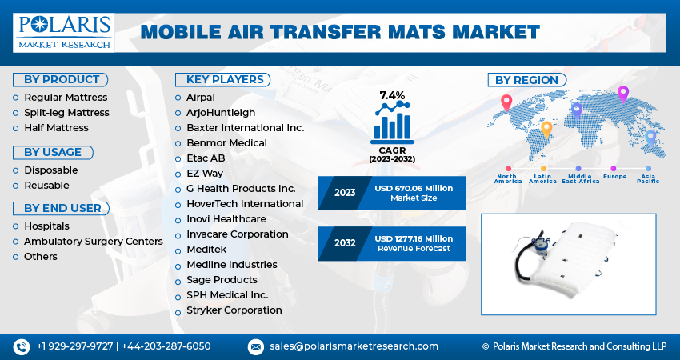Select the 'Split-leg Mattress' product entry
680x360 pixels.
(x=55, y=113)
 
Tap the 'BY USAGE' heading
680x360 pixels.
(x=53, y=152)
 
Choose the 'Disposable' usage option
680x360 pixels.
(x=50, y=170)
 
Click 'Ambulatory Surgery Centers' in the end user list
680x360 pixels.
(x=93, y=242)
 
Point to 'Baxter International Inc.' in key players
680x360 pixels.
(x=245, y=128)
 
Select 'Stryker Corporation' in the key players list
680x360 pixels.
(x=234, y=310)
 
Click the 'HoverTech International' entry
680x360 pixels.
(x=245, y=204)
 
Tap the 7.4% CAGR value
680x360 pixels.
(x=392, y=96)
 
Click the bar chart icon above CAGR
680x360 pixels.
(x=391, y=124)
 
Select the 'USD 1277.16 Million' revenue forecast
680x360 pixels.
(x=413, y=238)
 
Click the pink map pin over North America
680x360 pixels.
(x=506, y=103)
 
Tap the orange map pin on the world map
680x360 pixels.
(x=546, y=128)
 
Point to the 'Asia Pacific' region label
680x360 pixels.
(x=648, y=178)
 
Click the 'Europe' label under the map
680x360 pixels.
(x=614, y=175)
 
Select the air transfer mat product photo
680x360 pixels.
(x=567, y=264)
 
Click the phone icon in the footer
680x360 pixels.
(x=21, y=346)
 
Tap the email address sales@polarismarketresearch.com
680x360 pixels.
(x=354, y=346)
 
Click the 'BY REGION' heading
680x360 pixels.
(x=527, y=80)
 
